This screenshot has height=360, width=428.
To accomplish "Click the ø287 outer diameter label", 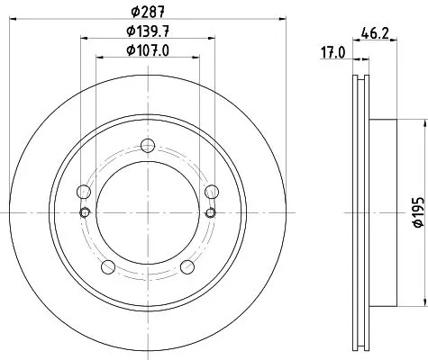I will click(x=149, y=13).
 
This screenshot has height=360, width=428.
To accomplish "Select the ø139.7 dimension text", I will click(x=149, y=33).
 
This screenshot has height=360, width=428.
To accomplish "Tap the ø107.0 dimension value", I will click(x=149, y=51).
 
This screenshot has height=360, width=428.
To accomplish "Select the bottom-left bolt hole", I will click(x=108, y=265).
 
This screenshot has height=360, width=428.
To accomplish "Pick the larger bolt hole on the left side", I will click(x=84, y=191).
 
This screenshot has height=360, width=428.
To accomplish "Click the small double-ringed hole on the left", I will click(x=85, y=212).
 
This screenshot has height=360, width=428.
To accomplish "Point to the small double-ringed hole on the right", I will click(x=211, y=212).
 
